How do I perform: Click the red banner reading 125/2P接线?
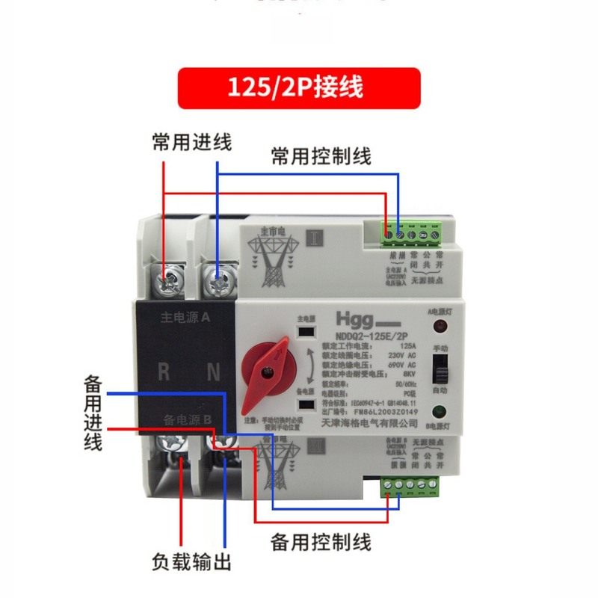click(299, 88)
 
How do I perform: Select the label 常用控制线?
click(321, 156)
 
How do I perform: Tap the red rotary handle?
click(266, 360)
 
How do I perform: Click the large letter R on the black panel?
click(163, 372)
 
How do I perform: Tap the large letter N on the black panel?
click(212, 372)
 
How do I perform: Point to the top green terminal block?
click(410, 235)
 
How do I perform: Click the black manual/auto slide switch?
click(440, 367)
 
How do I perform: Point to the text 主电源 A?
click(185, 317)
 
